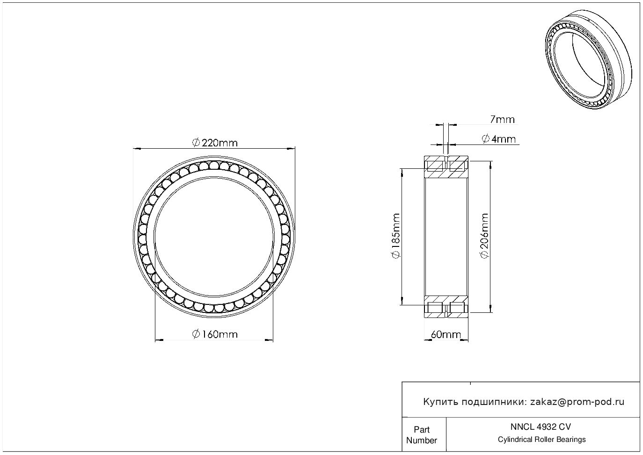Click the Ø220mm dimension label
pyautogui.click(x=215, y=143)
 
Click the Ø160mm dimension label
pyautogui.click(x=215, y=334)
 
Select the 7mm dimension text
pyautogui.click(x=502, y=119)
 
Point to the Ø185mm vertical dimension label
pyautogui.click(x=396, y=236)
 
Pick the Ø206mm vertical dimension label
pyautogui.click(x=484, y=236)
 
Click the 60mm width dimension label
pyautogui.click(x=446, y=334)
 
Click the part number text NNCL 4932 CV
pyautogui.click(x=541, y=427)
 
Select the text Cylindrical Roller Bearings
pyautogui.click(x=541, y=440)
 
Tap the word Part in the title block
pyautogui.click(x=422, y=429)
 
